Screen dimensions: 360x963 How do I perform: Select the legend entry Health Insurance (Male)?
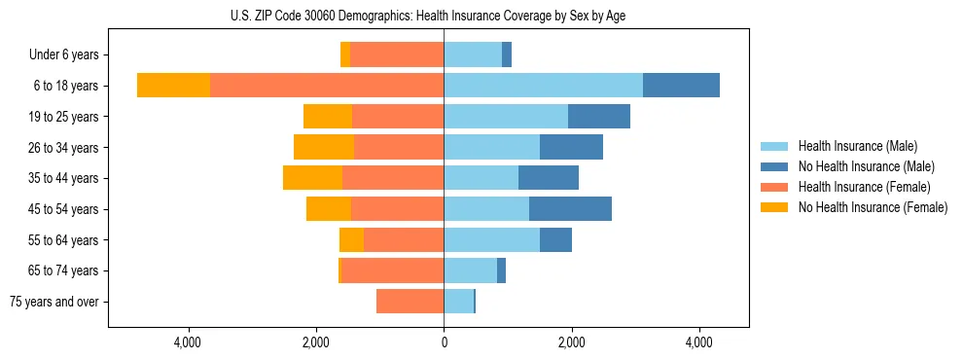coord(857,146)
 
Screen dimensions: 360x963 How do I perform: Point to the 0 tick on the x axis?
coord(444,342)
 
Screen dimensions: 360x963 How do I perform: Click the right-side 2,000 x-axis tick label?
coord(572,342)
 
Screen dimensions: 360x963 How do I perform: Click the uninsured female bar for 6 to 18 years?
coord(173,86)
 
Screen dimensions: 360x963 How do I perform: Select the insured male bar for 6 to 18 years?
coord(543,86)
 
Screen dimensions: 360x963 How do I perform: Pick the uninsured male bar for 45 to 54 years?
coord(570,209)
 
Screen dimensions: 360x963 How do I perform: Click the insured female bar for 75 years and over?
coord(410,302)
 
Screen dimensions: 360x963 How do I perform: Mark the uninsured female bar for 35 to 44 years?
coord(312,178)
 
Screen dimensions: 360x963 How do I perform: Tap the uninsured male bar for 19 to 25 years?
coord(599,117)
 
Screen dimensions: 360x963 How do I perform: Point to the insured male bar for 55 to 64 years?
coord(491,240)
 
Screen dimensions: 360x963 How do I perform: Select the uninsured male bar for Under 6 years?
coord(507,55)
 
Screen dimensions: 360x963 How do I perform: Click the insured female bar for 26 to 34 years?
coord(399,148)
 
